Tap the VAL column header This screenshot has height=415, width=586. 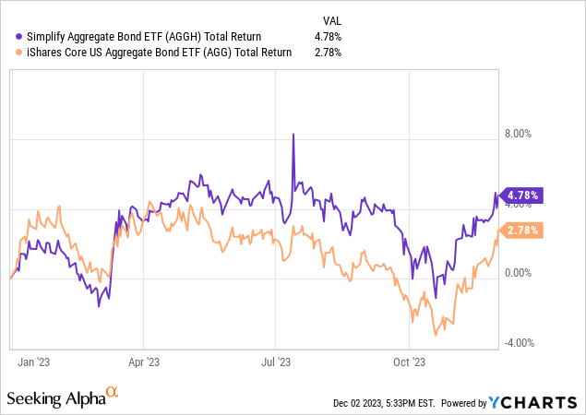coord(329,18)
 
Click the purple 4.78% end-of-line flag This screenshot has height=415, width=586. coord(521,196)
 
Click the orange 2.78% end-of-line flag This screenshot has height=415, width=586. coord(521,231)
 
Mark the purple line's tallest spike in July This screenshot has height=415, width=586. coord(293,135)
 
